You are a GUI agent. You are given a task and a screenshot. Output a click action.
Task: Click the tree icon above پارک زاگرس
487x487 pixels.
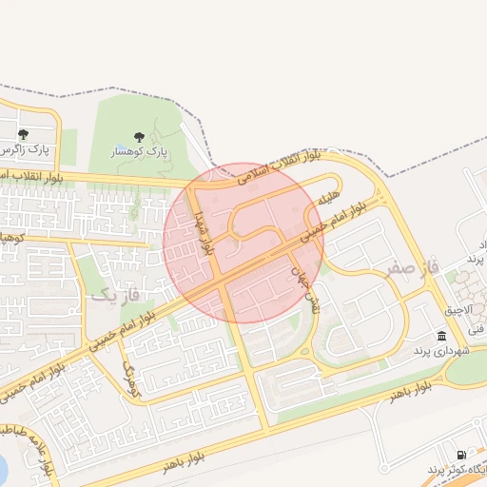(x=23, y=134)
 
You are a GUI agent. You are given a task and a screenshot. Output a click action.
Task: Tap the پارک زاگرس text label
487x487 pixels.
(x=26, y=150)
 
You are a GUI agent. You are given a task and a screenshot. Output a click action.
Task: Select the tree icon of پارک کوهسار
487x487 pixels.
(x=140, y=136)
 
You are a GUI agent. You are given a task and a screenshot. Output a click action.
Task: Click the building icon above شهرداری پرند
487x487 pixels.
(x=442, y=336)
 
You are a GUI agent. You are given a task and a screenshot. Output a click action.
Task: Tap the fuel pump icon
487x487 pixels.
(x=462, y=456)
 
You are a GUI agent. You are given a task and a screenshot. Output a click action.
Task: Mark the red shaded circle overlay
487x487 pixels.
(x=243, y=242)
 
